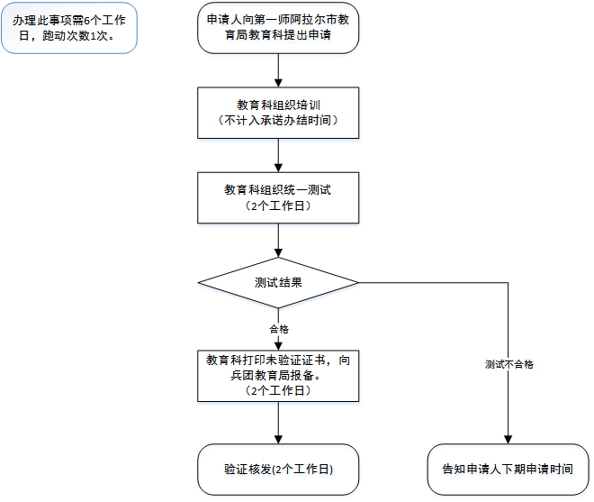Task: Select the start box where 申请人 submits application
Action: pyautogui.click(x=278, y=29)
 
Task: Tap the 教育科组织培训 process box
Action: pyautogui.click(x=278, y=113)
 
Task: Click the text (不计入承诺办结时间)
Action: pyautogui.click(x=278, y=121)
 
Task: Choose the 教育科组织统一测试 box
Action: pyautogui.click(x=278, y=197)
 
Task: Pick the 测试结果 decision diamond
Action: pyautogui.click(x=278, y=282)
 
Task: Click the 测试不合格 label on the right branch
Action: pyautogui.click(x=508, y=364)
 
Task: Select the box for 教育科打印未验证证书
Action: pyautogui.click(x=278, y=375)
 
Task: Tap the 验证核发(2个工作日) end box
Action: pyautogui.click(x=278, y=470)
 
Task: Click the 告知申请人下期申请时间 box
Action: pyautogui.click(x=508, y=470)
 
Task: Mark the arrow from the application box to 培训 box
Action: pyautogui.click(x=279, y=70)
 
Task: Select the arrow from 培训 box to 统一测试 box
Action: pyautogui.click(x=279, y=155)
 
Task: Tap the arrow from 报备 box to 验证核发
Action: pyautogui.click(x=279, y=422)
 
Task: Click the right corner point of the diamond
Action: pyautogui.click(x=358, y=282)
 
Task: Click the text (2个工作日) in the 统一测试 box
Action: pyautogui.click(x=278, y=206)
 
